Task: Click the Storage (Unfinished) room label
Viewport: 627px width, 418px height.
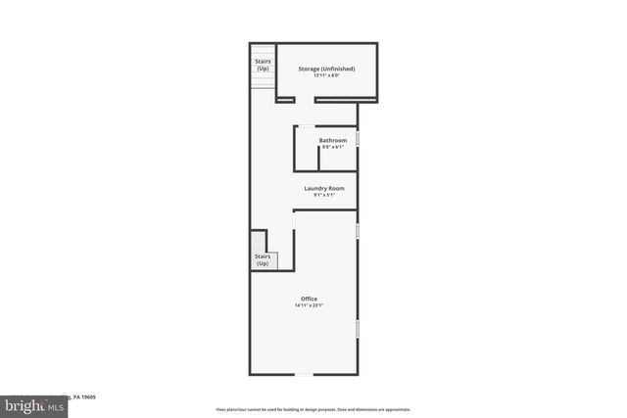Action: (x=326, y=69)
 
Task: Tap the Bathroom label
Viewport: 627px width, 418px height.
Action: (x=332, y=140)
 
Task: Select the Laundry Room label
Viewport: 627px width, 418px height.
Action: (x=324, y=188)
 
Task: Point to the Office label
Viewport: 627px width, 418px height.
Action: (x=309, y=299)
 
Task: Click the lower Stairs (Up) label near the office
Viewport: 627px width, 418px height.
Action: (x=263, y=260)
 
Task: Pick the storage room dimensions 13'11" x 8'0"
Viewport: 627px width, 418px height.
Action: (x=326, y=76)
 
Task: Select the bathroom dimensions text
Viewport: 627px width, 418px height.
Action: (x=332, y=148)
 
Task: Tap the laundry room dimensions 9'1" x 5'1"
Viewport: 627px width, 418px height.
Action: (x=324, y=196)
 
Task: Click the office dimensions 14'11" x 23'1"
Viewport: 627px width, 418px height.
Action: (x=309, y=306)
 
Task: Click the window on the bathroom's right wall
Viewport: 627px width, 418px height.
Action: (x=357, y=139)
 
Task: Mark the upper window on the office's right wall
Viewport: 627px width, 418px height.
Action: (x=357, y=230)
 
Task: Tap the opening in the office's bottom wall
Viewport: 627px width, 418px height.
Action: (x=305, y=374)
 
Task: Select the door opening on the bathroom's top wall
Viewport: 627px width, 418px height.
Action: (x=306, y=126)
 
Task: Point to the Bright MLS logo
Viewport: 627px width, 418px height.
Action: (x=31, y=404)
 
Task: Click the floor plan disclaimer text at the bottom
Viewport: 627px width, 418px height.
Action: (x=313, y=409)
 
